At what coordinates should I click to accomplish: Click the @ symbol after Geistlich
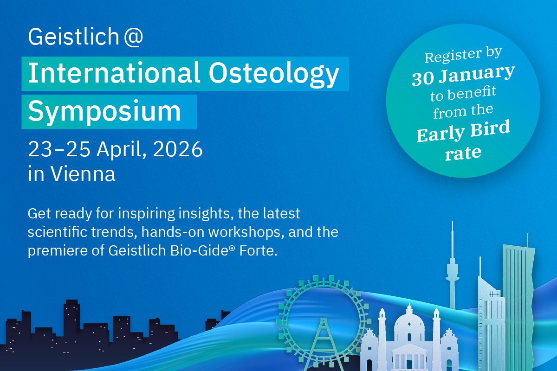(x=134, y=37)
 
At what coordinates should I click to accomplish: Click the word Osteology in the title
(x=274, y=74)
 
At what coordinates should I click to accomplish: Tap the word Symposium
(x=104, y=112)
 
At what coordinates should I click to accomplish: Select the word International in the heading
(x=114, y=72)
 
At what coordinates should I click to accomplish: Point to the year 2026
(x=178, y=149)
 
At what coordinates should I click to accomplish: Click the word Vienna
(x=83, y=173)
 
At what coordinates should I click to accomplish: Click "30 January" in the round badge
(x=463, y=75)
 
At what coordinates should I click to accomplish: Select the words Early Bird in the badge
(x=463, y=131)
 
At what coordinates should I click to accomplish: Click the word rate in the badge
(x=463, y=153)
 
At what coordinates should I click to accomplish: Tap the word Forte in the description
(x=258, y=250)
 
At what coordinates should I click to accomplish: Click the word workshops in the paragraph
(x=246, y=232)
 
